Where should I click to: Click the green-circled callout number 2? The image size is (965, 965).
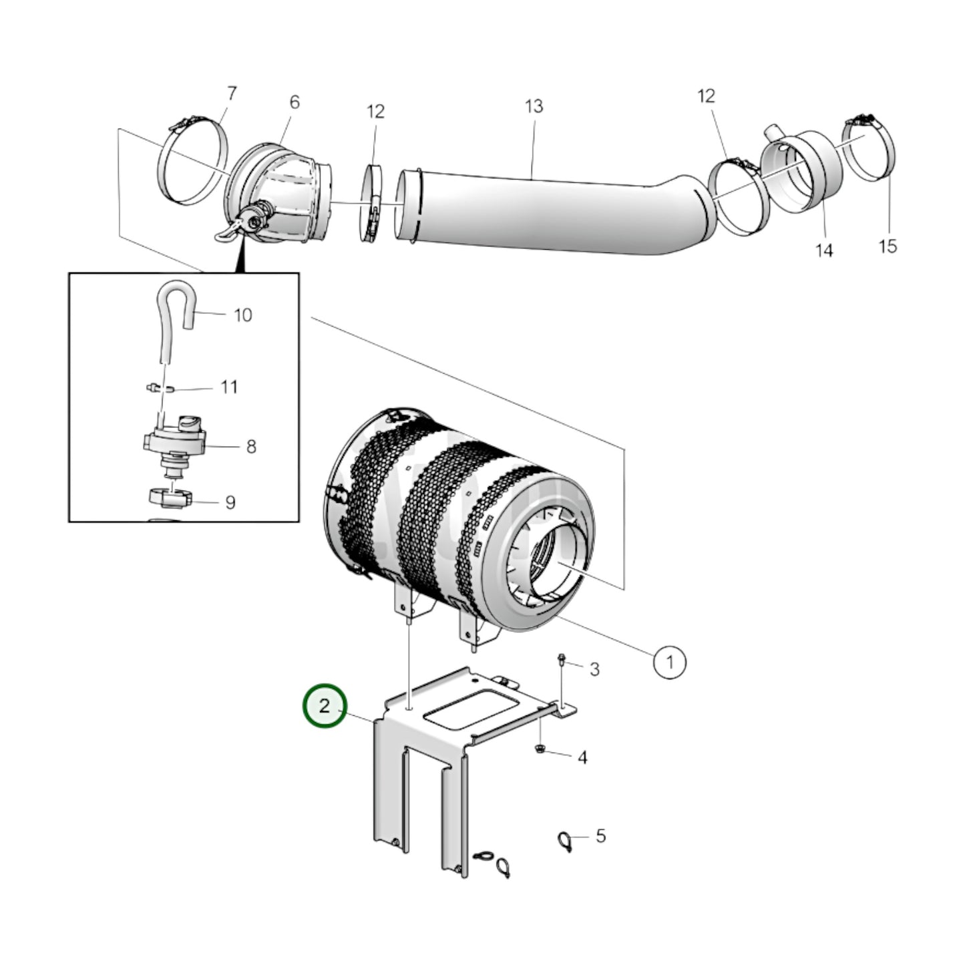[325, 707]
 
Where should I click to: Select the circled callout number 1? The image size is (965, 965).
[668, 662]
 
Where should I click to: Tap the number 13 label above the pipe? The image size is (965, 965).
[534, 106]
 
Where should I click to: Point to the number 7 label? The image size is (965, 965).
[232, 93]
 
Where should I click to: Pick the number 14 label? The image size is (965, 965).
[824, 250]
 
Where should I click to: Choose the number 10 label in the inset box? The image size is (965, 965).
[243, 315]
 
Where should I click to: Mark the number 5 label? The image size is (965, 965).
[600, 835]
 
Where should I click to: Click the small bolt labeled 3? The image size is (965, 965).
[562, 661]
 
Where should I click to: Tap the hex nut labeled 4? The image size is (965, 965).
[540, 750]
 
